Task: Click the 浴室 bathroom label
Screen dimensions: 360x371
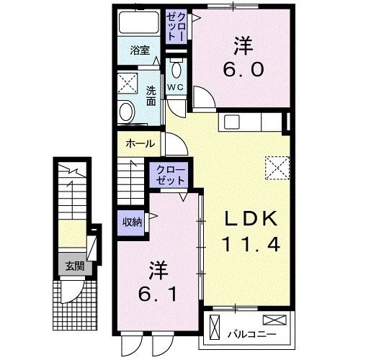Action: click(x=140, y=50)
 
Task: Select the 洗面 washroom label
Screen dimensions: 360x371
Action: click(x=151, y=96)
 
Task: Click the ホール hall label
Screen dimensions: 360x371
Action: click(x=140, y=143)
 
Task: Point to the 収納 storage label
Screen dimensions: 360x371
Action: click(x=131, y=221)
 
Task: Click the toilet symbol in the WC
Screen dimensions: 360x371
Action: click(x=176, y=70)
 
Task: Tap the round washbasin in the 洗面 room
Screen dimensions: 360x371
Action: click(x=128, y=111)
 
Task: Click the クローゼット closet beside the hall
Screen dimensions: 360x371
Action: click(x=169, y=176)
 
